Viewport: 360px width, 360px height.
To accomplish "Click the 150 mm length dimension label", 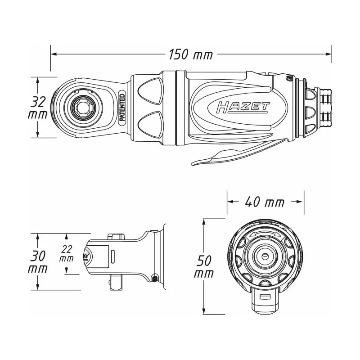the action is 191,54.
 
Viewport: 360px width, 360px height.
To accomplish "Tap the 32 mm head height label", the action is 38,108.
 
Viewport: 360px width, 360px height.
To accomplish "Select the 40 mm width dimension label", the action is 265,202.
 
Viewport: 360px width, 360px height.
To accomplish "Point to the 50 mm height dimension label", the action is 204,267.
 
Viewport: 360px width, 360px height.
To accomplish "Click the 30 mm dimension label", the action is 38,262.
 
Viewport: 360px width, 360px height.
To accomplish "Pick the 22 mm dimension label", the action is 67,253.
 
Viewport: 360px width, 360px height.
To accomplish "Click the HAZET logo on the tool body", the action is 243,108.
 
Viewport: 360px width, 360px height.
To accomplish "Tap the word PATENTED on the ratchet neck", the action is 122,108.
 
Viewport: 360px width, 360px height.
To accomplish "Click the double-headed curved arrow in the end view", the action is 265,234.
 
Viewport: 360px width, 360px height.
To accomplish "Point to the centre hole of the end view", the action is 265,256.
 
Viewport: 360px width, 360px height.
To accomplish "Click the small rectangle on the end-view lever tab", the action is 265,297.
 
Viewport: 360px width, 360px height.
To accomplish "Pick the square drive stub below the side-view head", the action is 117,282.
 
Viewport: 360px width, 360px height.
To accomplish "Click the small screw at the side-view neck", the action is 155,279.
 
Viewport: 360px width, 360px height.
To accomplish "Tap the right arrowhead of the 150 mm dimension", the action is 328,54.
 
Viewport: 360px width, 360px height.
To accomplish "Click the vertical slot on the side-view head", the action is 113,256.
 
